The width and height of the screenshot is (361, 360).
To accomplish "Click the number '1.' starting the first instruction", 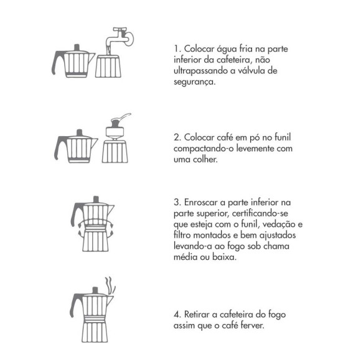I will pos(177,48).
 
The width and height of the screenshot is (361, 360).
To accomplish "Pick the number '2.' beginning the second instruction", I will pos(177,137).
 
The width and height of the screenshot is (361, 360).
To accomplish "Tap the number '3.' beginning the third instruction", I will pos(177,203).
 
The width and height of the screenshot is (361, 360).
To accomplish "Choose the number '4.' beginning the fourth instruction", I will pos(177,315).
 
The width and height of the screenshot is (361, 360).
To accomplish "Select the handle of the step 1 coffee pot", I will pos(57,63).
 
